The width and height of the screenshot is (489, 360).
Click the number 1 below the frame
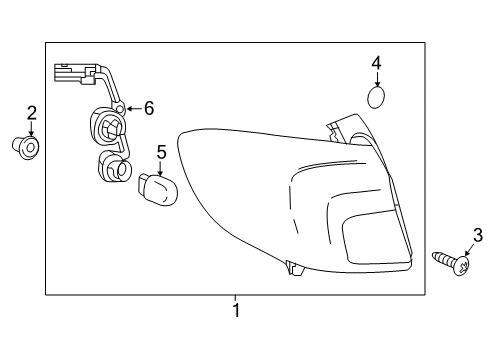pyautogui.click(x=237, y=311)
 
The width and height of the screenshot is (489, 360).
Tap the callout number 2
pyautogui.click(x=31, y=113)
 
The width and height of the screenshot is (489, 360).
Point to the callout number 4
pyautogui.click(x=376, y=64)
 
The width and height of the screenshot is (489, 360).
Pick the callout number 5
pyautogui.click(x=160, y=152)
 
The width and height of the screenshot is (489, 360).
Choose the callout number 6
pyautogui.click(x=149, y=107)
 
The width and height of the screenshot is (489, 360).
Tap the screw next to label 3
pyautogui.click(x=455, y=263)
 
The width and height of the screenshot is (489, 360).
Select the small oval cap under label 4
pyautogui.click(x=376, y=98)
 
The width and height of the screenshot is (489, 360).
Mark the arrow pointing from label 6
pyautogui.click(x=132, y=108)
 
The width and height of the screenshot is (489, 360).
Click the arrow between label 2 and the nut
pyautogui.click(x=31, y=131)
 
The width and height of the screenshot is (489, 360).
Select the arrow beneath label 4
pyautogui.click(x=376, y=80)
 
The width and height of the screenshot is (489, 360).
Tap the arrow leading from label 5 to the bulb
pyautogui.click(x=159, y=168)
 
